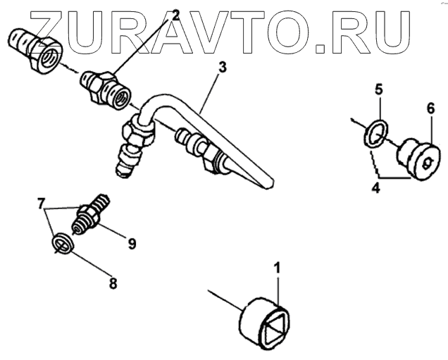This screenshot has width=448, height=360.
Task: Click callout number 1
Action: point(278,268)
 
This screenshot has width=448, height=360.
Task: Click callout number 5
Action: point(378,89)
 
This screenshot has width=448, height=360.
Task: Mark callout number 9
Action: point(131,244)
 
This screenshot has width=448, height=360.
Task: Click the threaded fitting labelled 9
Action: point(92,213)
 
